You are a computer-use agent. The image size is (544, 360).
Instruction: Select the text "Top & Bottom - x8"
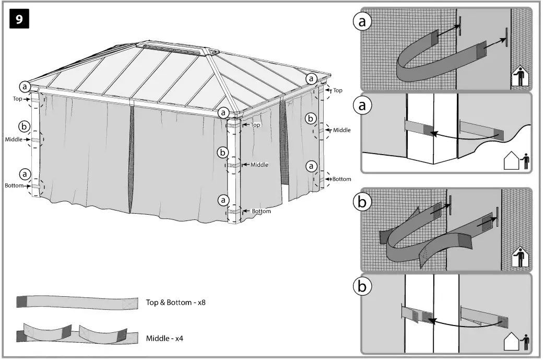[x=175, y=303]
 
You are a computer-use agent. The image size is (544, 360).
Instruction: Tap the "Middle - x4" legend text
[x=164, y=339]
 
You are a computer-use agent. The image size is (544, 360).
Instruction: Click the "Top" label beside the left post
[x=18, y=98]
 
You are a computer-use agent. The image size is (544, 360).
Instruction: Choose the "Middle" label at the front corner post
[x=259, y=165]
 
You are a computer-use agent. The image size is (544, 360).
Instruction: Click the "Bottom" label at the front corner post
[x=261, y=211]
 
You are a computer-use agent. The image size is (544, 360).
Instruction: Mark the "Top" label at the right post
[x=338, y=90]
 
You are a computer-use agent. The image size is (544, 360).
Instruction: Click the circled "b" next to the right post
[x=311, y=119]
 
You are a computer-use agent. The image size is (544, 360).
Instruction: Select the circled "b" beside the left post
[x=24, y=126]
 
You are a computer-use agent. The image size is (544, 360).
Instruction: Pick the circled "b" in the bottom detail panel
[x=363, y=287]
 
